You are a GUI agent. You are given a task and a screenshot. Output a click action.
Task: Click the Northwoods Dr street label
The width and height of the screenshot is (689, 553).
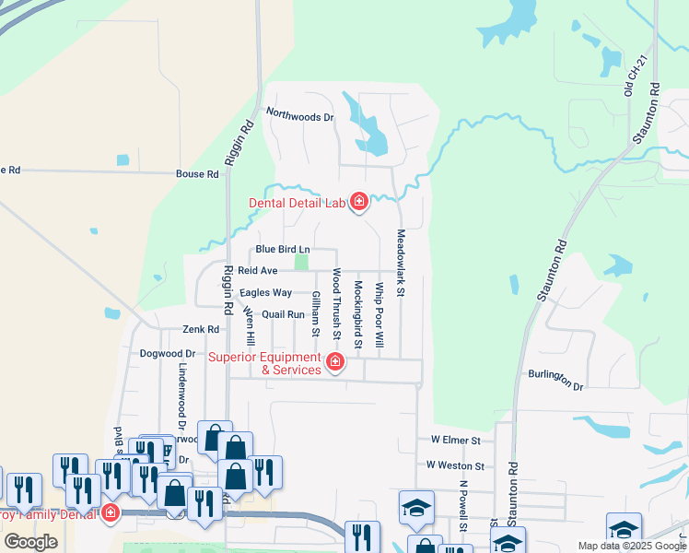point(299,114)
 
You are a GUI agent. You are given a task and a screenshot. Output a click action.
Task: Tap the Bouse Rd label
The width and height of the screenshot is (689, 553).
point(198,173)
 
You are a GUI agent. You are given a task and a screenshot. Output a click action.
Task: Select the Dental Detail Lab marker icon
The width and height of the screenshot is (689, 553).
point(358,202)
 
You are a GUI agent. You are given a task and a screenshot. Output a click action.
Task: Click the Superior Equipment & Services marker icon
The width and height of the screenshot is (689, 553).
point(335,362)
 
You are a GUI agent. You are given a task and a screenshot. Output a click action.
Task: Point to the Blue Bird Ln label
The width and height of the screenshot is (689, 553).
point(283,249)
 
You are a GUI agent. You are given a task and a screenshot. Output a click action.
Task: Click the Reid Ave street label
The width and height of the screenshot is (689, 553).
point(257,271)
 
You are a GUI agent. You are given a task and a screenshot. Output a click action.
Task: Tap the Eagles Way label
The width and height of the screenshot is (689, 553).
point(265,293)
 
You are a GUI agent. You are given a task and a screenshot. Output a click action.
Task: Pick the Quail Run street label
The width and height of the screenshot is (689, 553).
point(283,314)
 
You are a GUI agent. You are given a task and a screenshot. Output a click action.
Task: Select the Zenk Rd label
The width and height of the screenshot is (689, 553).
point(200,329)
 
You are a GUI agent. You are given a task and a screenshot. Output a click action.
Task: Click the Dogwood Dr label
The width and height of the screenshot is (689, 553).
point(168,353)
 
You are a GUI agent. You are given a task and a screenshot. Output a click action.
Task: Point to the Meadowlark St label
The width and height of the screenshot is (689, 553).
point(401,263)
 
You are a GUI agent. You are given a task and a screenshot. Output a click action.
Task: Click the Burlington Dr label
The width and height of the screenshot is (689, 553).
point(556,381)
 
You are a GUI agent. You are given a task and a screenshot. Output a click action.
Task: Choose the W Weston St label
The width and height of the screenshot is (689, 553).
point(455,466)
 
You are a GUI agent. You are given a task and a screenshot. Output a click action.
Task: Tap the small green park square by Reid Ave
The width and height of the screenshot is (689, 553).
point(300,263)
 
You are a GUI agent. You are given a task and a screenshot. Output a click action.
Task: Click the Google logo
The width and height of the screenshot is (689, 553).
point(30,542)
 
